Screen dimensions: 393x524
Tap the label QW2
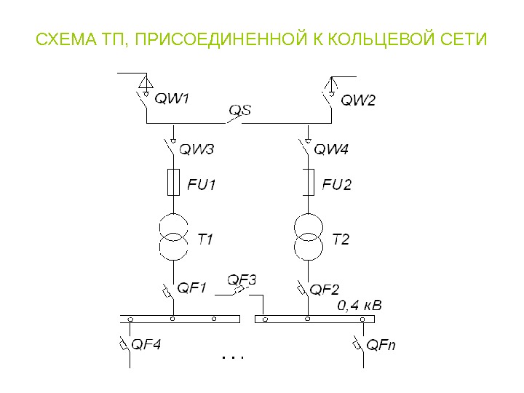[x=358, y=100]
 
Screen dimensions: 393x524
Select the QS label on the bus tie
[x=240, y=111]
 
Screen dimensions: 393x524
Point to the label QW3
[x=196, y=150]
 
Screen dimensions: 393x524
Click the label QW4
[x=331, y=150]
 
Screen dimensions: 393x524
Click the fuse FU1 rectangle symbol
[x=173, y=182]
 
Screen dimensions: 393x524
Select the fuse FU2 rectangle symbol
[x=308, y=182]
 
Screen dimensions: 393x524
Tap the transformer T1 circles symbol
[x=173, y=237]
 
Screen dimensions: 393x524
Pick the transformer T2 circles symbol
[x=308, y=237]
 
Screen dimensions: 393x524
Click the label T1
[x=205, y=239]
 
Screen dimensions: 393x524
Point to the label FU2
[x=337, y=185]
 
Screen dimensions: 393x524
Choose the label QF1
[x=194, y=288]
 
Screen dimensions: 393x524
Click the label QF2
[x=325, y=290]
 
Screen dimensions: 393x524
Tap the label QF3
[x=242, y=279]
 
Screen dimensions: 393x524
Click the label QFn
[x=381, y=344]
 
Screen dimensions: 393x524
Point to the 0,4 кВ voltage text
[x=360, y=305]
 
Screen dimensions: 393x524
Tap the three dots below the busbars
[x=231, y=358]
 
